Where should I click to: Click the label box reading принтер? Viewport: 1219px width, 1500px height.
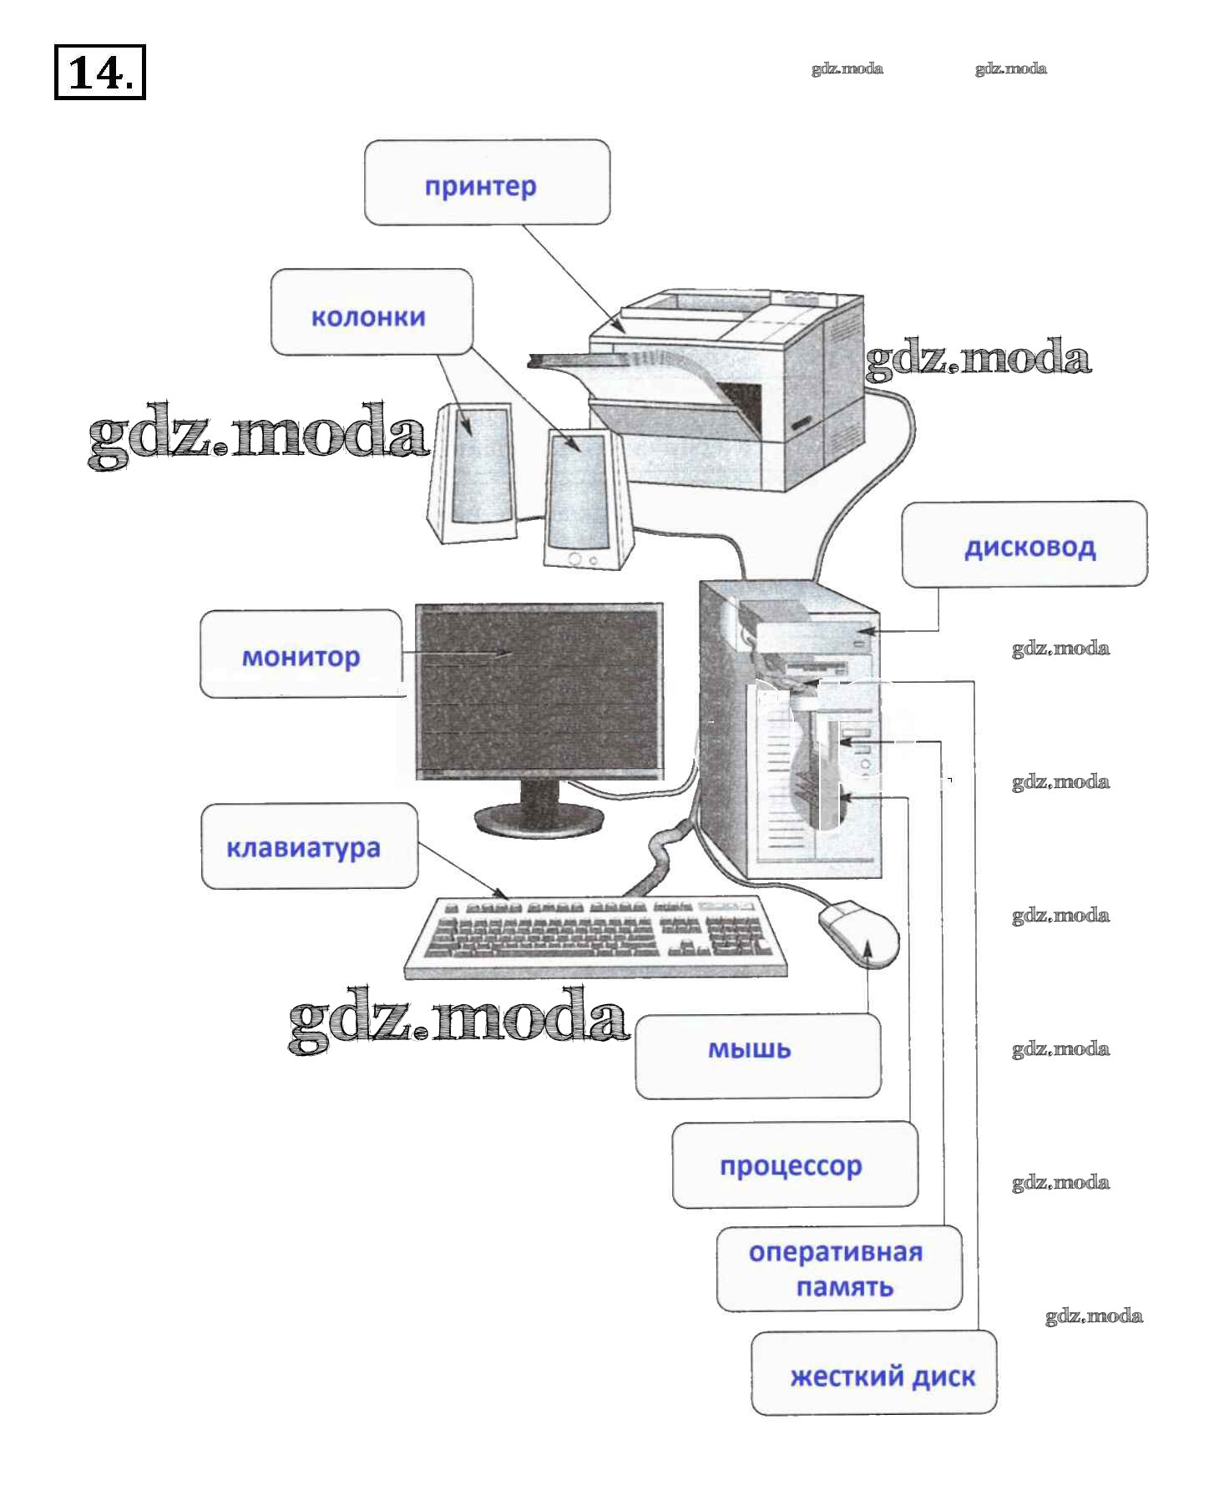(x=487, y=183)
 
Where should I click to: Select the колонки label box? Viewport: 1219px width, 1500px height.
(x=372, y=312)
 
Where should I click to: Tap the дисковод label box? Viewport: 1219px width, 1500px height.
(x=1024, y=544)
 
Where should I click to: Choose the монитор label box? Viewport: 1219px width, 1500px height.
(x=301, y=654)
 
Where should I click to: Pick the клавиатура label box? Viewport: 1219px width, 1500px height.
(x=309, y=846)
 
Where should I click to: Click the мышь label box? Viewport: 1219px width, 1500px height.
(x=757, y=1055)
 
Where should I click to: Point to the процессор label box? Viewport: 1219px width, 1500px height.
(x=794, y=1164)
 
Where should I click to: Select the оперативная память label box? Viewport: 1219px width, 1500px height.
(x=839, y=1268)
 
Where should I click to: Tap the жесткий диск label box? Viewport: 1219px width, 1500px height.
(x=874, y=1372)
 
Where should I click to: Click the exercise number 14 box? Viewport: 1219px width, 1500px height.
(x=99, y=73)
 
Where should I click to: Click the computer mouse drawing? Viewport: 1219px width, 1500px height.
(x=859, y=932)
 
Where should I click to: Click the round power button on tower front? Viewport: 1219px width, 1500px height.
(x=866, y=764)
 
